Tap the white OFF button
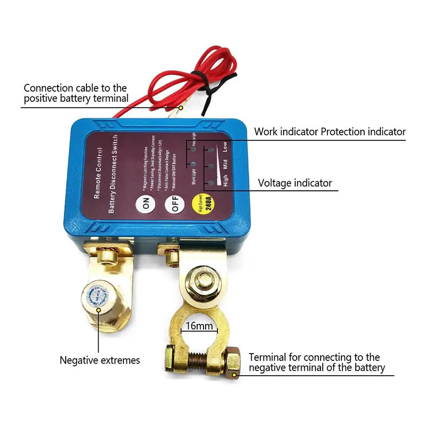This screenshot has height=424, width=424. coord(173,204)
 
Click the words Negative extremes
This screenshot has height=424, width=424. coord(100,360)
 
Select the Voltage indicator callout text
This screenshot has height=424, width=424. coord(295,183)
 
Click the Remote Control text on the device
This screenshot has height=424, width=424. coord(98,173)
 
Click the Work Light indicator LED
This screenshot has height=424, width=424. coord(191,165)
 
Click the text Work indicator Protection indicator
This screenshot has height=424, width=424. coord(330,132)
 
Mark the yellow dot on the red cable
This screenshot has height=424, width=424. coord(180,108)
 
